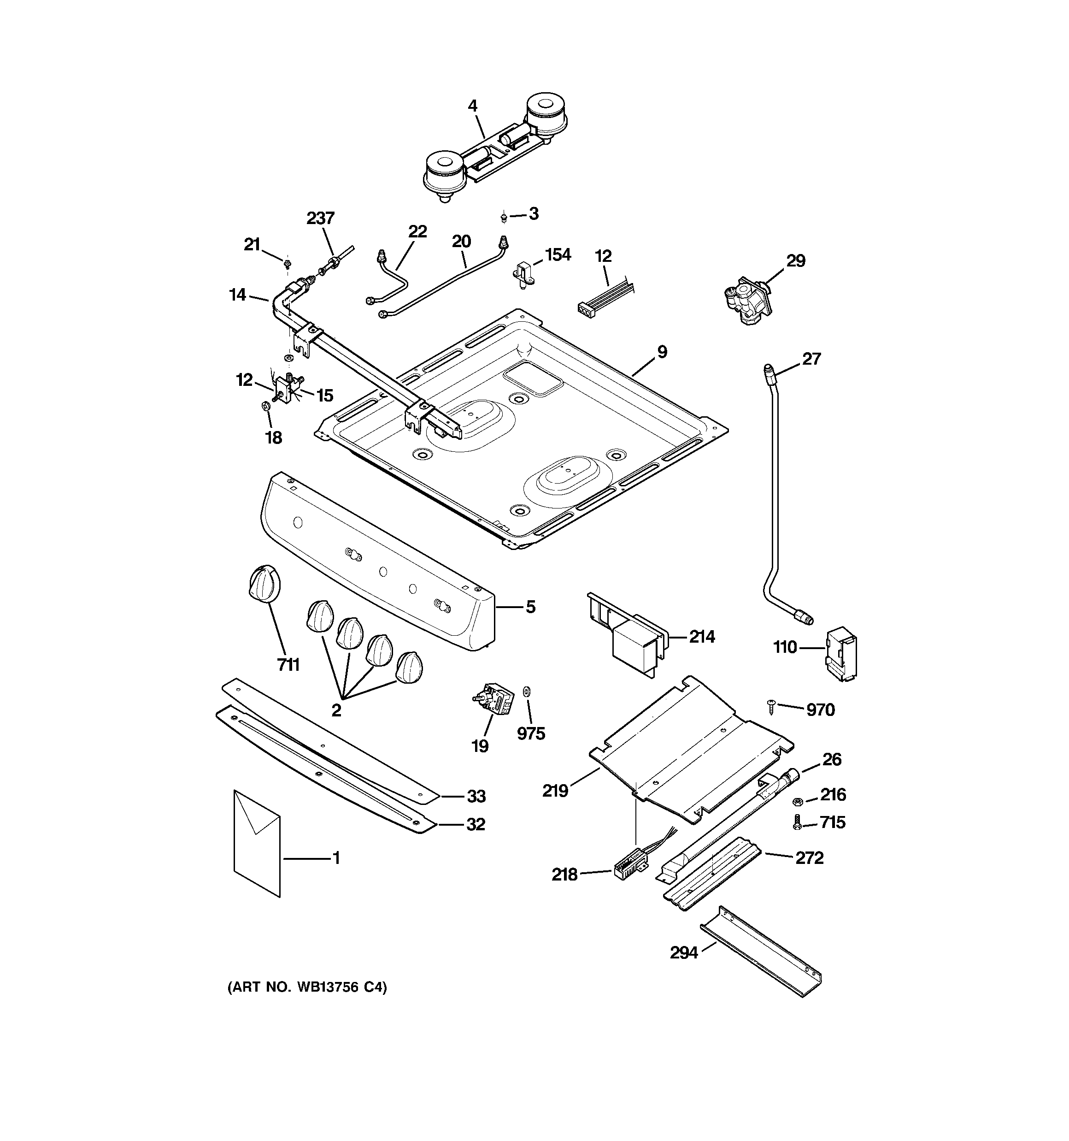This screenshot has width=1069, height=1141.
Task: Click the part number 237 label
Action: [320, 218]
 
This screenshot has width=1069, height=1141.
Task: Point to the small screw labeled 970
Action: [772, 706]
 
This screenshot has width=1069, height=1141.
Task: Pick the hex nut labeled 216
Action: [797, 801]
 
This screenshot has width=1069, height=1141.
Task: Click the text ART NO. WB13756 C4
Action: [307, 988]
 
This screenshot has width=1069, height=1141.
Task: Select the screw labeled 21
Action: [287, 263]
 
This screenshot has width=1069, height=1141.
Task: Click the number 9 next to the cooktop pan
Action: [662, 352]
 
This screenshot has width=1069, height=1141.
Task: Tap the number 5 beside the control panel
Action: [530, 607]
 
